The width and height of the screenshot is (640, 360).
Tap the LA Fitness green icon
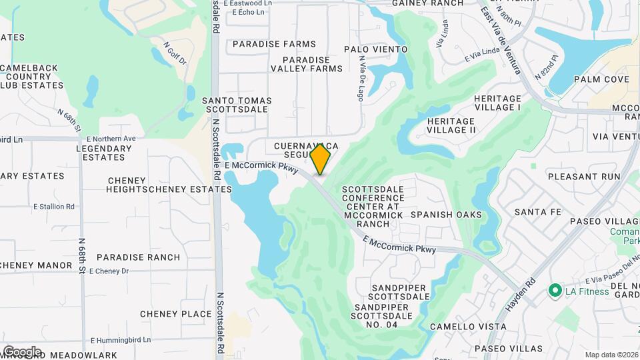coord(553,291)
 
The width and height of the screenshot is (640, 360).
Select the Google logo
coord(22,351)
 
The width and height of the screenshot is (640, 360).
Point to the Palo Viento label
coord(375,49)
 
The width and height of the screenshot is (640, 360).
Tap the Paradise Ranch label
coord(138,257)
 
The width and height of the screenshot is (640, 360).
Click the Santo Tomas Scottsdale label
coord(237,105)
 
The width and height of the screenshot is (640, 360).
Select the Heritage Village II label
coord(451,126)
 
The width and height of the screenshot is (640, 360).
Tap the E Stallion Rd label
coord(54,207)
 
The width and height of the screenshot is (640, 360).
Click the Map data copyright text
coord(610,355)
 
